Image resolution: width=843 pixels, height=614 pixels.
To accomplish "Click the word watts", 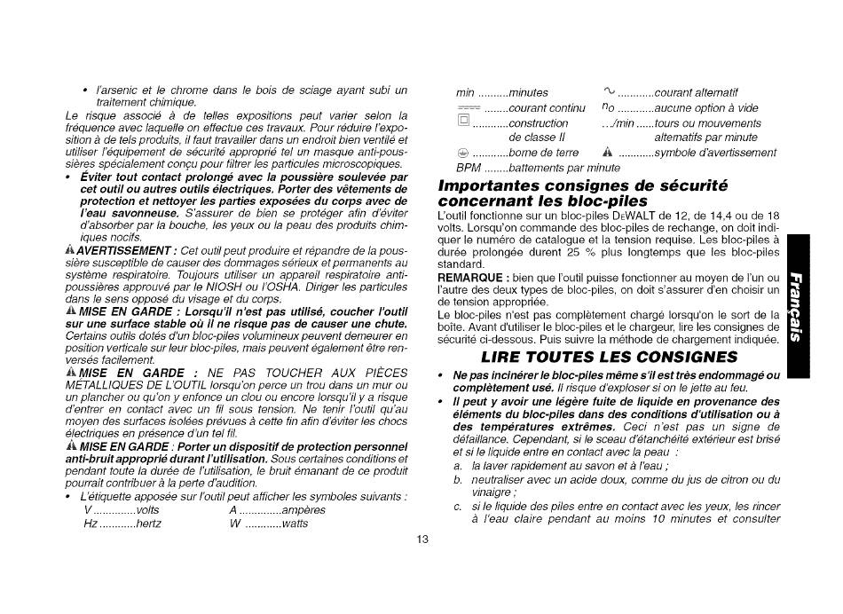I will click(x=295, y=523).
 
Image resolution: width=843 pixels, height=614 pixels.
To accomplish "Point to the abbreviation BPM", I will click(x=468, y=167).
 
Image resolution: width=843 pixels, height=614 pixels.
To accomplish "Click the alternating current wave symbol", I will click(x=608, y=91).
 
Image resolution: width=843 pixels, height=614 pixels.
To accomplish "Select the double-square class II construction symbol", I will click(x=463, y=122).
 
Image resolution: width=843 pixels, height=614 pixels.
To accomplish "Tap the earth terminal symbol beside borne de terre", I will click(x=462, y=153).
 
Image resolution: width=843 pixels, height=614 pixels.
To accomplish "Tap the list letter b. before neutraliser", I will click(x=458, y=480).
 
